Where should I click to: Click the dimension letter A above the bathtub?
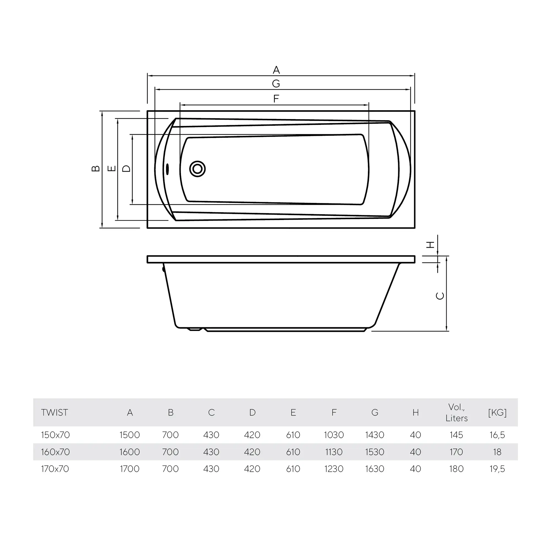coord(276,70)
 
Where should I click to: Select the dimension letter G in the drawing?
coord(276,84)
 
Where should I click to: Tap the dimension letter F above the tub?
coord(276,99)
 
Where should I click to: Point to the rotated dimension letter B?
coord(96,169)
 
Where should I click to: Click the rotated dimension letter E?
coord(112,169)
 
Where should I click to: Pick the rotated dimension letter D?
coord(127,169)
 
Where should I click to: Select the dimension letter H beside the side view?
coord(430,244)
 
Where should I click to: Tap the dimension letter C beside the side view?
coord(440,296)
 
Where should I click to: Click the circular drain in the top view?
coord(197,169)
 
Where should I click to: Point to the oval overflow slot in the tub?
coord(167,169)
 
